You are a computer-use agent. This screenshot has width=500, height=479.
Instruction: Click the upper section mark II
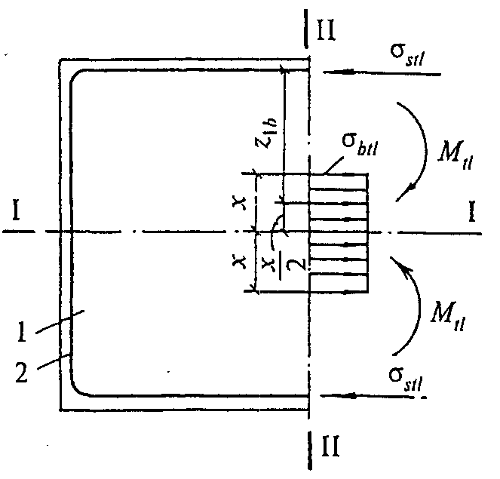(x=326, y=30)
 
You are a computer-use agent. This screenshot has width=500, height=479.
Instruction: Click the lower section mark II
(x=330, y=447)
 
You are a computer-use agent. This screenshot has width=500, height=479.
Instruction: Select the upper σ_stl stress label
(x=408, y=55)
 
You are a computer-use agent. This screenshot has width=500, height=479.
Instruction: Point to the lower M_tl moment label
(x=448, y=316)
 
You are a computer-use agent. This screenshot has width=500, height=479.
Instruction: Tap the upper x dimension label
(x=240, y=203)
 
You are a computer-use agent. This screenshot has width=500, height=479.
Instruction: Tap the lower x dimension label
(x=240, y=263)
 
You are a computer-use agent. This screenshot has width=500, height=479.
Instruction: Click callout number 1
(x=21, y=332)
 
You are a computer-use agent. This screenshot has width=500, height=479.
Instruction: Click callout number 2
(x=22, y=373)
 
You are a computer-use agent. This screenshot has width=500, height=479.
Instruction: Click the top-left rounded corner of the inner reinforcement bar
(x=75, y=75)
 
